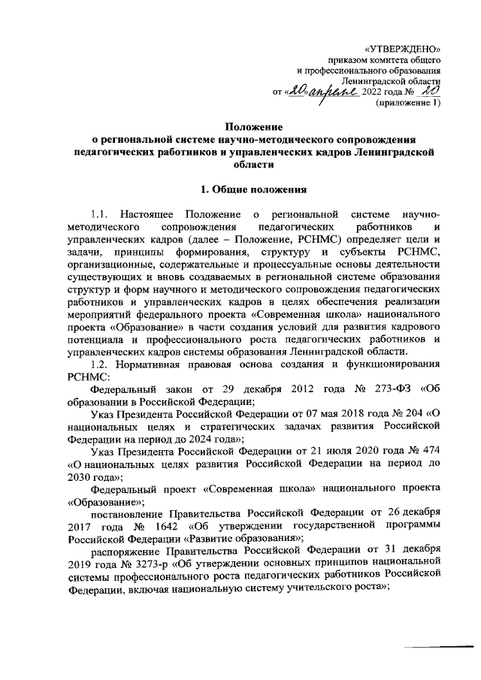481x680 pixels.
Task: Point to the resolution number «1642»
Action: point(161,525)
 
